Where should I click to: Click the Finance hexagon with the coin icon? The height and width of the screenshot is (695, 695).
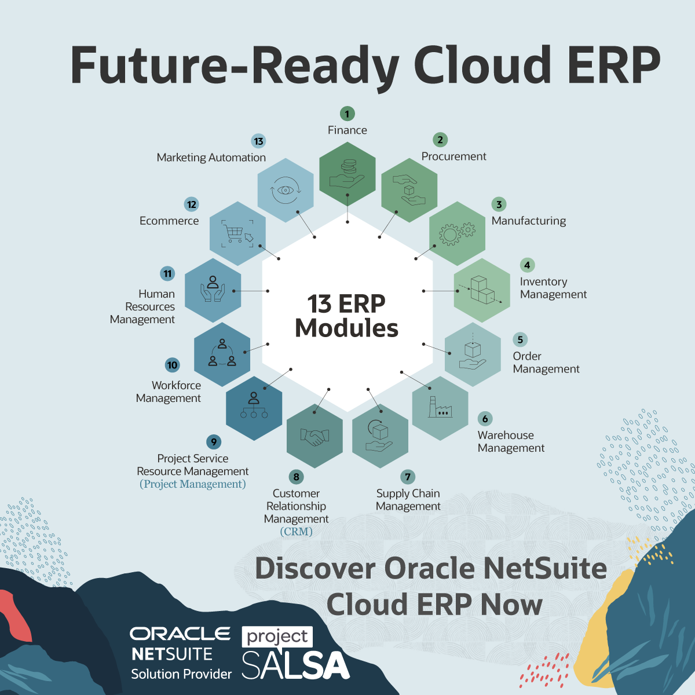click(x=348, y=174)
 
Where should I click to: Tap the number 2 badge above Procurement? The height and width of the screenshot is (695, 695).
click(x=440, y=140)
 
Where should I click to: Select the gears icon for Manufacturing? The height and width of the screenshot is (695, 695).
click(x=457, y=233)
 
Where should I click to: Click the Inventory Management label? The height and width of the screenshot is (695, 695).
click(x=553, y=288)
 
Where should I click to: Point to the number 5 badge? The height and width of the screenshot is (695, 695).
click(x=520, y=339)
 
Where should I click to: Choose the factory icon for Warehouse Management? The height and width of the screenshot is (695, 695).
click(x=440, y=408)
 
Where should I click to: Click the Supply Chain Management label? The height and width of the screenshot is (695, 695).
click(x=408, y=500)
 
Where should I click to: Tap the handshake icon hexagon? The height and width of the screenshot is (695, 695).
click(x=314, y=436)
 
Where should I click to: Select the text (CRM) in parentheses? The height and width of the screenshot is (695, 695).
click(x=296, y=531)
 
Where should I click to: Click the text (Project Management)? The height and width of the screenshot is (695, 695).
click(x=193, y=484)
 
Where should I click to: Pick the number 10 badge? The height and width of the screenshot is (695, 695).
click(x=172, y=365)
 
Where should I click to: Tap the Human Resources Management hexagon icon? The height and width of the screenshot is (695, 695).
click(x=213, y=290)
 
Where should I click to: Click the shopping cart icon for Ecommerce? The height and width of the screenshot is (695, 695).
click(x=237, y=233)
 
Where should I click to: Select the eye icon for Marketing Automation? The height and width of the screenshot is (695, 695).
click(x=285, y=190)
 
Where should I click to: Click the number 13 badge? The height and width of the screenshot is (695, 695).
click(x=258, y=141)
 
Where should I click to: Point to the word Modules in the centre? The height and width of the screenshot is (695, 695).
click(x=346, y=328)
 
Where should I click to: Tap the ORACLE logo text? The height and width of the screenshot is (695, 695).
click(x=180, y=634)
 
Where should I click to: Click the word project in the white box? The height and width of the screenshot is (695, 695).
click(x=277, y=637)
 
